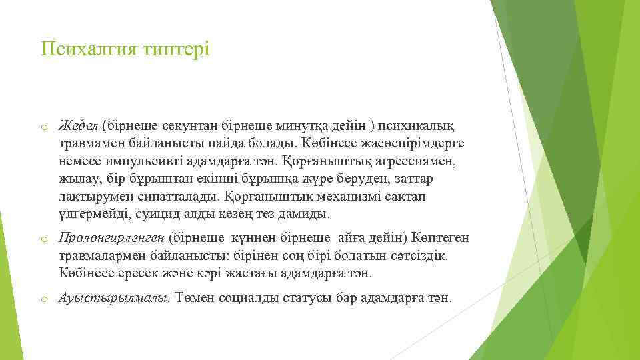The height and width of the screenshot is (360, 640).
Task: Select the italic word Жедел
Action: click(79, 126)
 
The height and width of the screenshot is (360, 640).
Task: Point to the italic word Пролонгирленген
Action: click(111, 237)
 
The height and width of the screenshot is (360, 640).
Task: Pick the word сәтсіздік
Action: click(419, 255)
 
